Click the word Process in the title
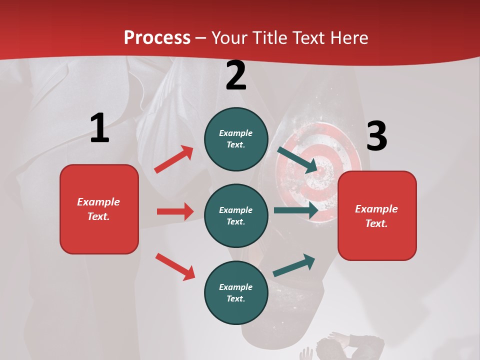point(157,38)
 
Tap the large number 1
point(99,128)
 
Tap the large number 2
point(236,75)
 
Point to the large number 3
point(376,136)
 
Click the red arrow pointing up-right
point(174,159)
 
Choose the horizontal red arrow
point(175,211)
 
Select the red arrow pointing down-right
point(175,266)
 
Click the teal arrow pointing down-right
point(297,159)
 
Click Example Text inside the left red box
point(98,209)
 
